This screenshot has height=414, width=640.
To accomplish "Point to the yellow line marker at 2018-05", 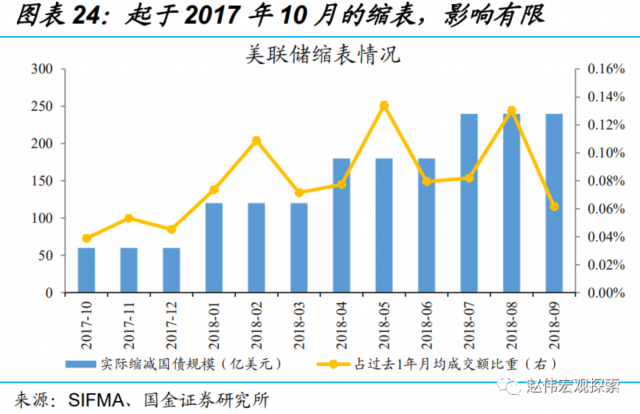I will tap(384, 105).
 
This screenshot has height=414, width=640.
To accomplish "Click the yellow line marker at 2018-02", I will tap(256, 140).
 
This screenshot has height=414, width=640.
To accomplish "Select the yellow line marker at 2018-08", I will tap(511, 111).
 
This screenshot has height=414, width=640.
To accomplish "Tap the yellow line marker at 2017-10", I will tap(86, 238).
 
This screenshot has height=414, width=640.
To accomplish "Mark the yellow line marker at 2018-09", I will tap(554, 206).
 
